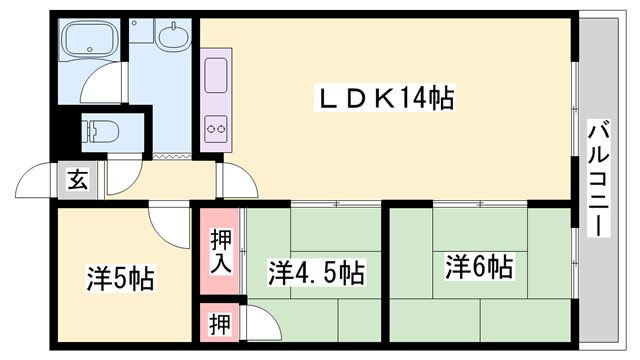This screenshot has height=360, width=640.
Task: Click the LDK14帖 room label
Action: (385, 98)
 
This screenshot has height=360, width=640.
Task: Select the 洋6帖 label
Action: (479, 267)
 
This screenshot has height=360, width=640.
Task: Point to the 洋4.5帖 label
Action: (315, 272)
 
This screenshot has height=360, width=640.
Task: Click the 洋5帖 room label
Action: (119, 278)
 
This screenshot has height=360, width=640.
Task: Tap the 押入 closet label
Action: (220, 250)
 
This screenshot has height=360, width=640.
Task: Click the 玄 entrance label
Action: (77, 180)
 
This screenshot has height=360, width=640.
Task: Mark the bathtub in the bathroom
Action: (91, 41)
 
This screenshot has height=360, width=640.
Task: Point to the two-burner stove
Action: (217, 128)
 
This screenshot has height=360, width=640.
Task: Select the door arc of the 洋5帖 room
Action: (165, 225)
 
